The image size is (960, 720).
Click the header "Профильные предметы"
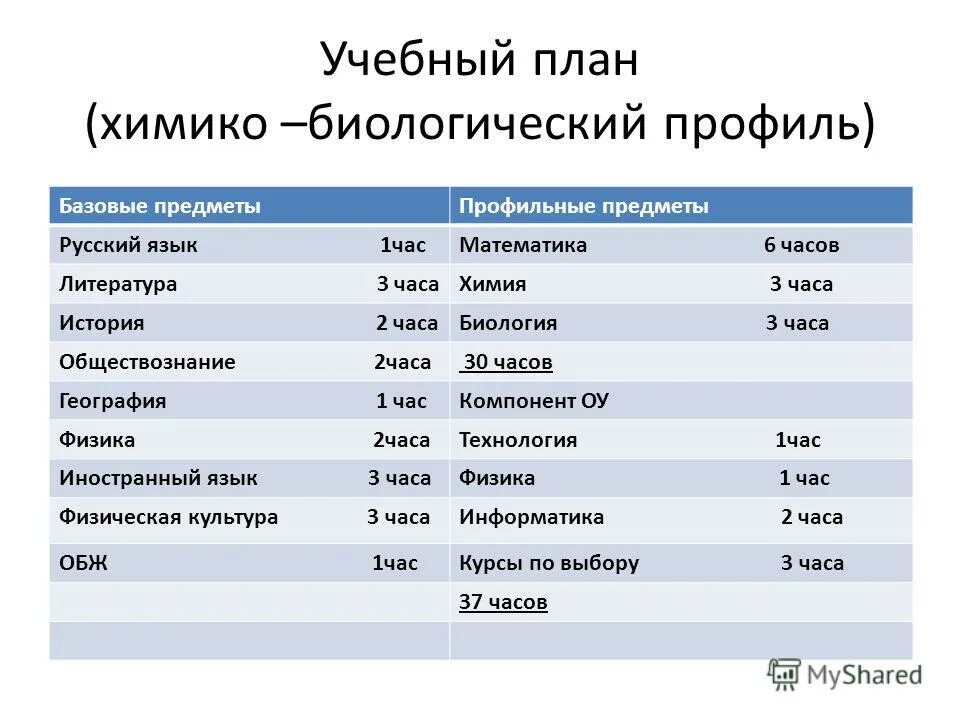(583, 206)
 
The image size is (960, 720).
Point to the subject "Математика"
(523, 245)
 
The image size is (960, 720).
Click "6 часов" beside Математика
(801, 245)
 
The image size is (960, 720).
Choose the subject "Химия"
(492, 284)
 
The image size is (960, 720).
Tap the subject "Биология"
(508, 323)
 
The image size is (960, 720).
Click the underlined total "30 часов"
(508, 362)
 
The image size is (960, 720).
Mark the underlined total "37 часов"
(503, 602)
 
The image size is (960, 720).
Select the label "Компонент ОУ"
(534, 401)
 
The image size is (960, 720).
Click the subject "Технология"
(518, 440)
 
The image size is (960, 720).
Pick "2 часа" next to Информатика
(811, 517)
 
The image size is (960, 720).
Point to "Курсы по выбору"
(548, 563)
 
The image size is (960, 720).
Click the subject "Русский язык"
(128, 245)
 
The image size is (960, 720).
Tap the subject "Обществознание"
(147, 362)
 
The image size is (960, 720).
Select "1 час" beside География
(401, 401)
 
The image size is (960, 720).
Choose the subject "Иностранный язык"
(158, 478)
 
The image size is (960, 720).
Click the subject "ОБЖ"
(83, 563)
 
